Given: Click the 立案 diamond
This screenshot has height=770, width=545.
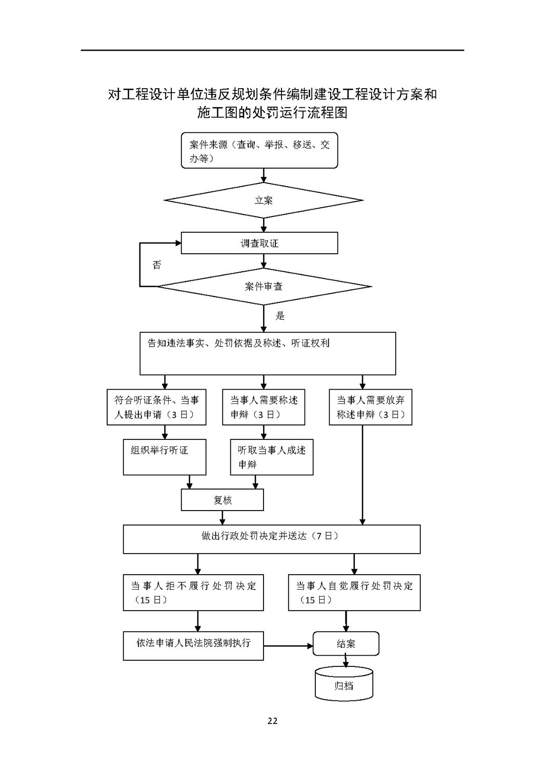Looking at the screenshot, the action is tap(264, 200).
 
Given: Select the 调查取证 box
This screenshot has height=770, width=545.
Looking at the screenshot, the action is tap(259, 243).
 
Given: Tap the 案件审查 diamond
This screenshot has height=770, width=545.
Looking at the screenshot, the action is tap(264, 287).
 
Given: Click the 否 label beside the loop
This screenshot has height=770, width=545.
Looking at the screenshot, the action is tap(157, 265).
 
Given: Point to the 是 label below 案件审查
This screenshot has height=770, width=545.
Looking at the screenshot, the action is tap(280, 316).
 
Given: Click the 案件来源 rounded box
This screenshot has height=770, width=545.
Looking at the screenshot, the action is tap(259, 151).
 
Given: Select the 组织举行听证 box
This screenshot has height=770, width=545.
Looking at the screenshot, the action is tap(165, 457).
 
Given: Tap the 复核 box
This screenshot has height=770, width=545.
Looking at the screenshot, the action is tap(223, 500).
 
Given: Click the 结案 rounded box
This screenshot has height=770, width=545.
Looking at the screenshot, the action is tap(346, 643).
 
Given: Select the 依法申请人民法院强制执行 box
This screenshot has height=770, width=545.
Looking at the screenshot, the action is tap(193, 646).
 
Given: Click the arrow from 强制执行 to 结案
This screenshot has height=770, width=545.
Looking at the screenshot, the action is tap(288, 646).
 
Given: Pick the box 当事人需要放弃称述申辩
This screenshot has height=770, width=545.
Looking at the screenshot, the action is tap(370, 407).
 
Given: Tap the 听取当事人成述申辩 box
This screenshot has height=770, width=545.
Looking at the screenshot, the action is tap(272, 457).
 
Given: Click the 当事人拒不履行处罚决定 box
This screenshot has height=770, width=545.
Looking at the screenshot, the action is tap(193, 593).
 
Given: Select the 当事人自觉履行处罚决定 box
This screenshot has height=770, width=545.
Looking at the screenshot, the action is tap(354, 593).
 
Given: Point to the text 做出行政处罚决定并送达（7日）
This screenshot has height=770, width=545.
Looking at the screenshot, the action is tap(270, 536).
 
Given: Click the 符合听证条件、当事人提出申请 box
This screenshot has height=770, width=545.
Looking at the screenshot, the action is tap(156, 407).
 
